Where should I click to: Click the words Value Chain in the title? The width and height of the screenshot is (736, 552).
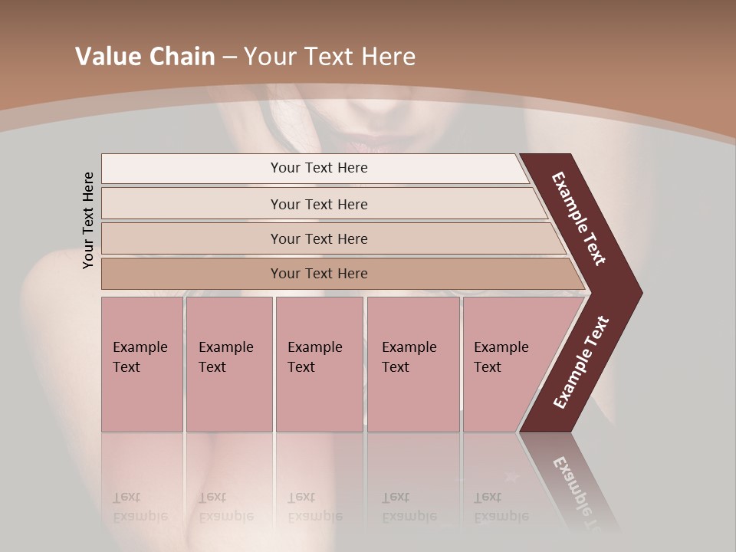tap(145, 57)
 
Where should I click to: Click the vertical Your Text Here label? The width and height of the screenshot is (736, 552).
tap(88, 220)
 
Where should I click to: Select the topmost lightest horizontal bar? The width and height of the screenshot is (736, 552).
tap(318, 168)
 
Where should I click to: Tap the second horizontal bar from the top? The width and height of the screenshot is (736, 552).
tap(318, 204)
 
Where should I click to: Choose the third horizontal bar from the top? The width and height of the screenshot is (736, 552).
tap(318, 238)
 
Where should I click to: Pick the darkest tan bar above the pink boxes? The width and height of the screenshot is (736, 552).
tap(318, 274)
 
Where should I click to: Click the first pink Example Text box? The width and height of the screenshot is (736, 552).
tap(142, 364)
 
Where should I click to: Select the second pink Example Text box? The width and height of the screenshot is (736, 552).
tap(228, 364)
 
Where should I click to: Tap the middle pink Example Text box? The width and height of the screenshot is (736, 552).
tap(319, 364)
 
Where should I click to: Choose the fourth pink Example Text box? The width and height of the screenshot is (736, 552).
tap(412, 364)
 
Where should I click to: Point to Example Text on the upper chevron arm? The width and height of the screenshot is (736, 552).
tap(580, 219)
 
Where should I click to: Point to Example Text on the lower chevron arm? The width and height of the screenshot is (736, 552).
tap(581, 363)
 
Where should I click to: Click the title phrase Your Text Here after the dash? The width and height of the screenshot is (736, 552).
tap(330, 57)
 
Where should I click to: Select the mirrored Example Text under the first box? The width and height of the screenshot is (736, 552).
tap(140, 507)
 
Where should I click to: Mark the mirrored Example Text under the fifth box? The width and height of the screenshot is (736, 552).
tap(501, 507)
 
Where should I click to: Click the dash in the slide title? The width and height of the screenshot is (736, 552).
tap(229, 58)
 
